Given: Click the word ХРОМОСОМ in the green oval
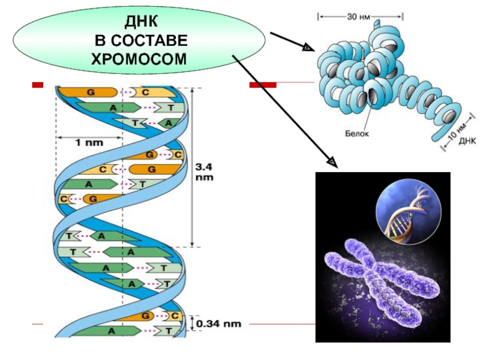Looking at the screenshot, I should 139,58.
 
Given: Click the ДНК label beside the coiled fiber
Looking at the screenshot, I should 467,143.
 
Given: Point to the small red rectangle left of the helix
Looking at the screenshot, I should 38,86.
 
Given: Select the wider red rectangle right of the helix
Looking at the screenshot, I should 263,86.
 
